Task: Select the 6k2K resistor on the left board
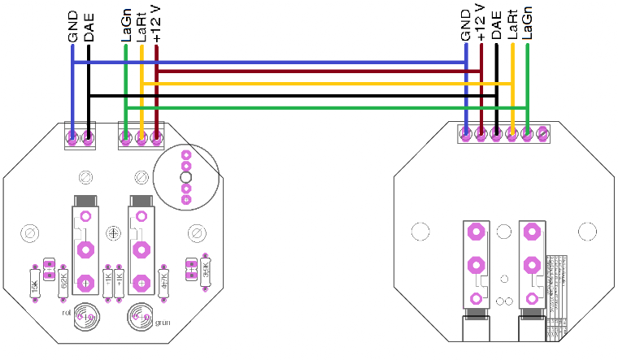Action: pos(63,281)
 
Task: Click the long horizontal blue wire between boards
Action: pos(268,62)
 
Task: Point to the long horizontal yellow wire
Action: pos(325,84)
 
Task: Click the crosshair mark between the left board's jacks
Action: pos(114,233)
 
